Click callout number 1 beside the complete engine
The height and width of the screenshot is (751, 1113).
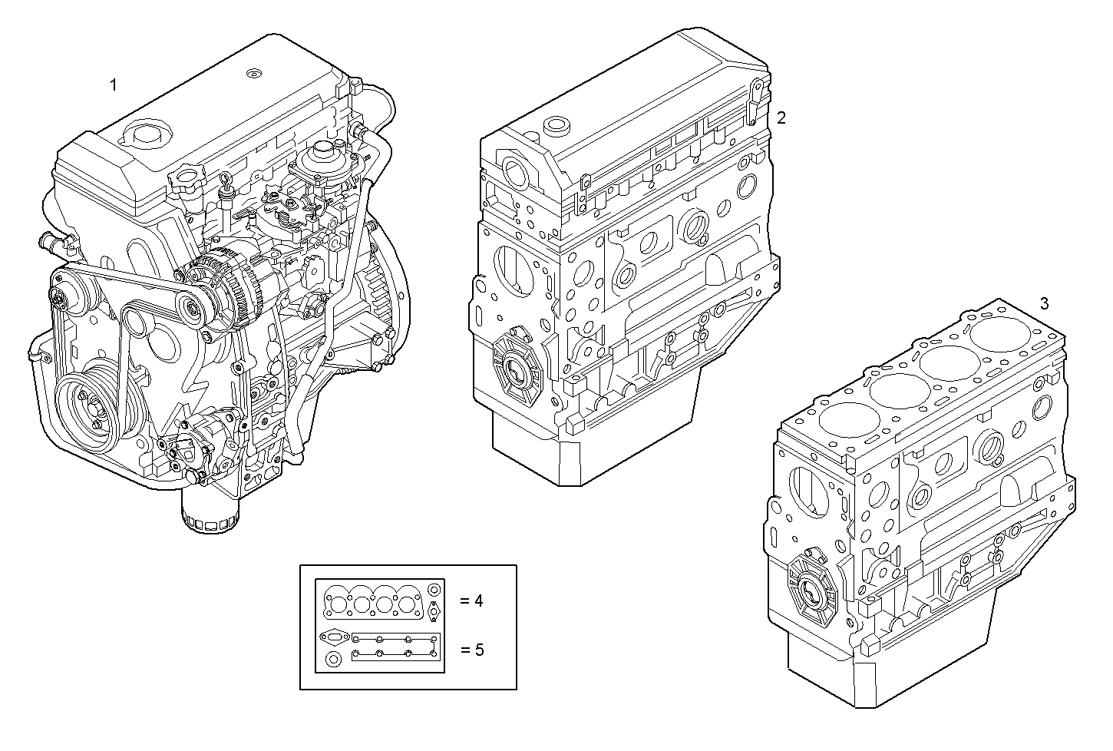(x=114, y=84)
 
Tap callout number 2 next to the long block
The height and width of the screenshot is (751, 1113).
(x=781, y=117)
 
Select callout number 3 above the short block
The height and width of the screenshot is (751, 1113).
(x=1043, y=303)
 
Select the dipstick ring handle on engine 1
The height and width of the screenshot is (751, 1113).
(x=226, y=180)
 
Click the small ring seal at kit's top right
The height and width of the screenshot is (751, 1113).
(x=434, y=590)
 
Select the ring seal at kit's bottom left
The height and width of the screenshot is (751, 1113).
(x=332, y=660)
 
